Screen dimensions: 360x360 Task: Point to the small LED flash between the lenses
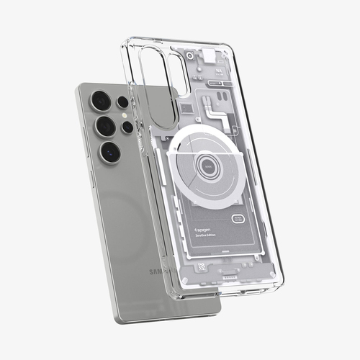pos(122,115)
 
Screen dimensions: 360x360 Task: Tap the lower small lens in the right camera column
pos(127,127)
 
